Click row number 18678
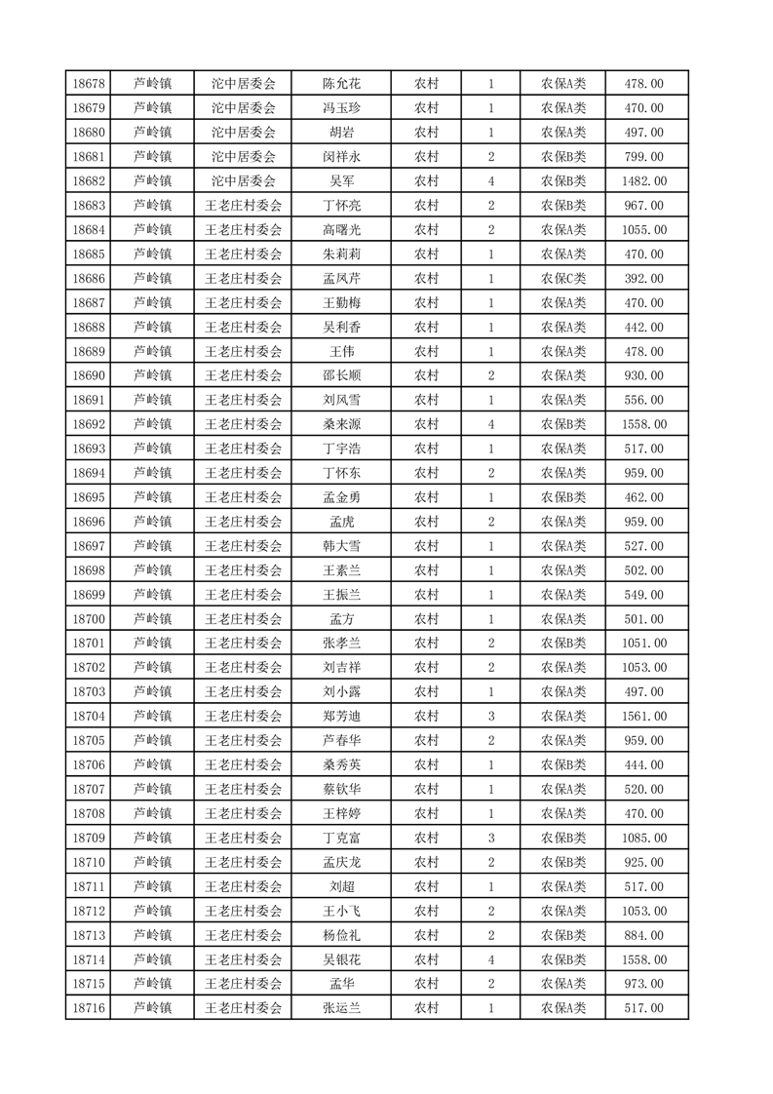[x=88, y=84]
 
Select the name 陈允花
[x=341, y=84]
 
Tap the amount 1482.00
[x=643, y=181]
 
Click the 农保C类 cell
[x=563, y=279]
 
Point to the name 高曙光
[x=341, y=230]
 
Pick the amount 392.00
[x=643, y=279]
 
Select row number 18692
[x=88, y=425]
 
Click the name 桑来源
[x=341, y=425]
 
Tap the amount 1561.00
[x=643, y=717]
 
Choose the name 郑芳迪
[x=341, y=717]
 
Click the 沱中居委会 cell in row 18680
[x=244, y=133]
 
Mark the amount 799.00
[x=643, y=157]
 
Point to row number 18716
[x=88, y=1008]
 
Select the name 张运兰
[x=341, y=1008]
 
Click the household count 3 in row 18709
[x=491, y=838]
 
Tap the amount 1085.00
[x=643, y=838]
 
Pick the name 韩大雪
[x=341, y=546]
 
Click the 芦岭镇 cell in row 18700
[x=152, y=619]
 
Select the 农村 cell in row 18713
[x=426, y=935]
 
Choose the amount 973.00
[x=643, y=984]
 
